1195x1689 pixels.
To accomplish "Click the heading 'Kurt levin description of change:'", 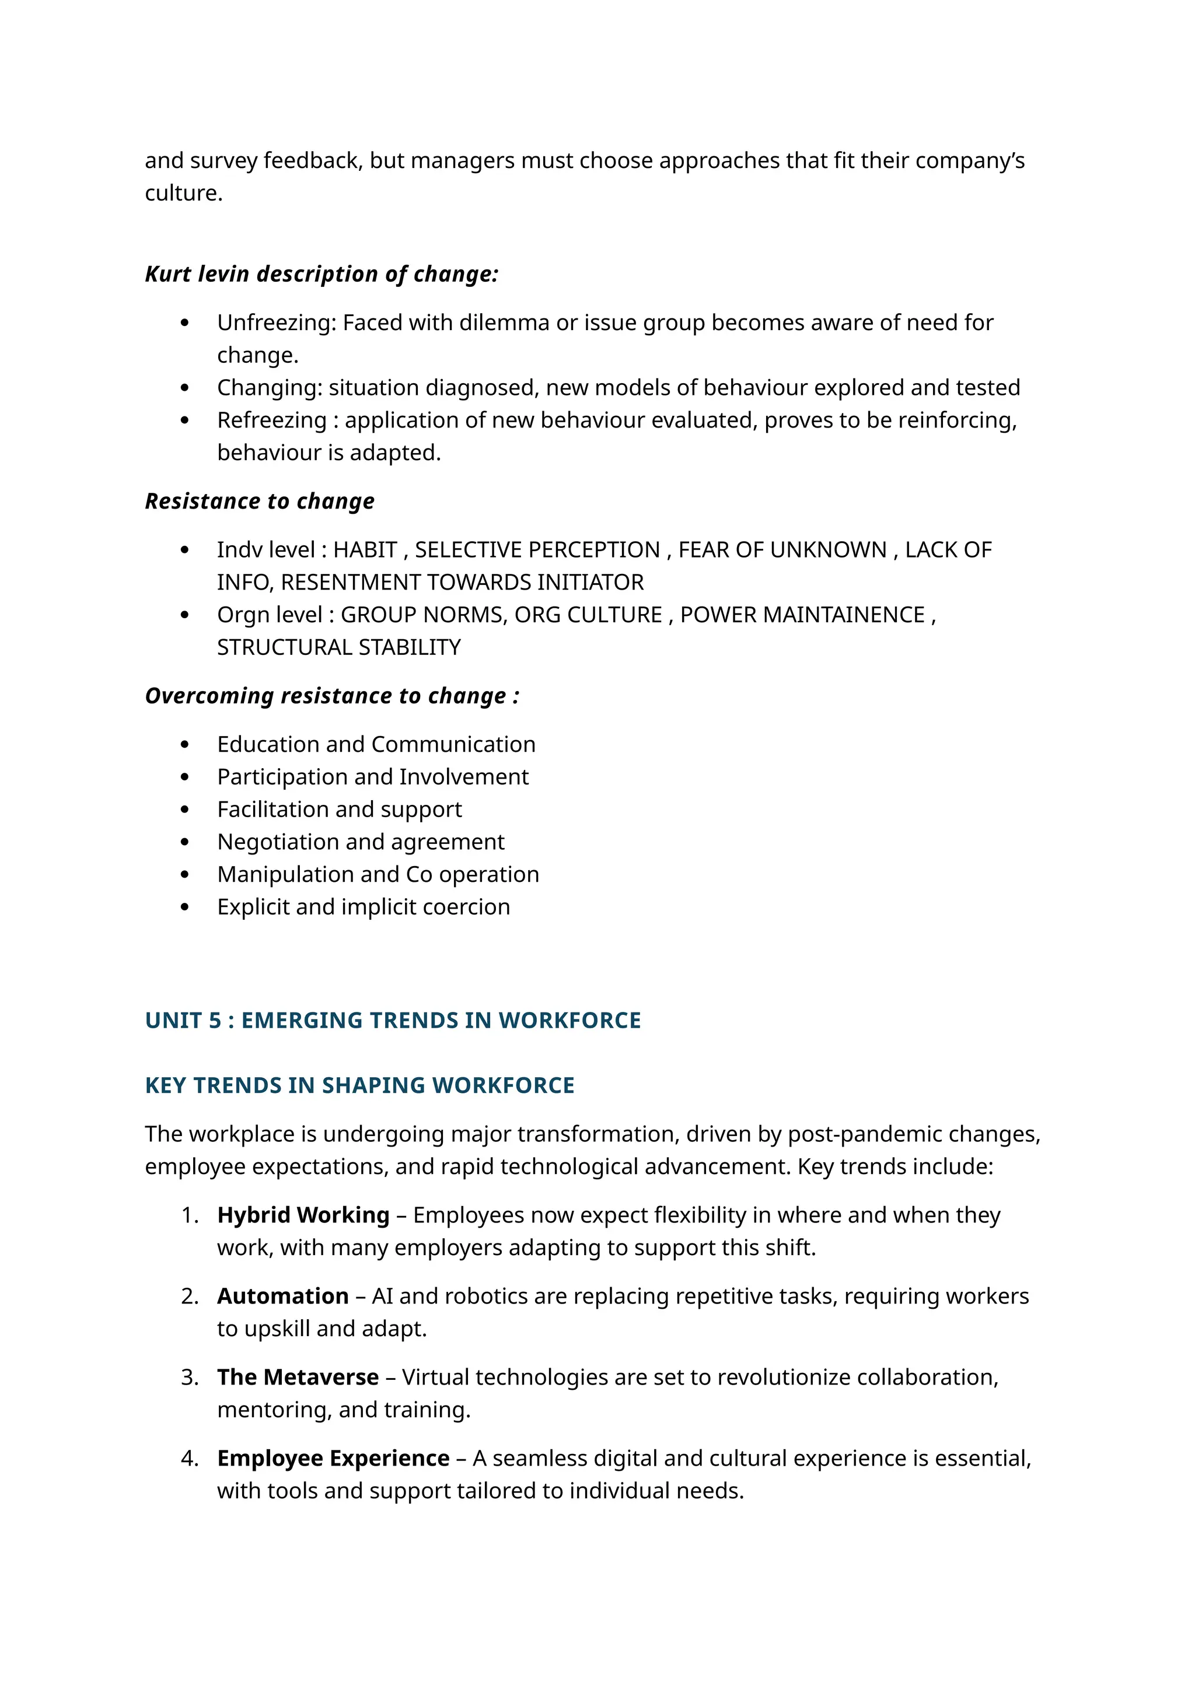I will coord(322,274).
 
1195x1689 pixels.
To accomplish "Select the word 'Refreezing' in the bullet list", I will coord(271,420).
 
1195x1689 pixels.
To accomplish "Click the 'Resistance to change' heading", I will coord(260,501).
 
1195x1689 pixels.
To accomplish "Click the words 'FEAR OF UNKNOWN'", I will coord(782,549).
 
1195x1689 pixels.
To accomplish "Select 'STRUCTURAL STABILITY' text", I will coord(338,647).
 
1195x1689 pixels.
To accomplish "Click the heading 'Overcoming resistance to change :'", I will coord(332,696).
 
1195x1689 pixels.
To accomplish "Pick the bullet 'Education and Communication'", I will coord(376,744).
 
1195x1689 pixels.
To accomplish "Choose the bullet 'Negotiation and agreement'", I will coord(361,842).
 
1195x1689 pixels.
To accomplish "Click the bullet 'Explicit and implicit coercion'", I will coord(364,907).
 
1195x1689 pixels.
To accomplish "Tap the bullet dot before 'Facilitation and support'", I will coord(185,810).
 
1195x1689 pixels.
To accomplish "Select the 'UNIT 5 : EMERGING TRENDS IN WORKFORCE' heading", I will coord(393,1020).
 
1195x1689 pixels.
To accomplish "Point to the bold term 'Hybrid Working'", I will coord(303,1215).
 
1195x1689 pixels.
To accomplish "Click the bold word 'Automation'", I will coord(282,1296).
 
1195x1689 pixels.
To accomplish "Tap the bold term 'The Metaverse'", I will coord(298,1377).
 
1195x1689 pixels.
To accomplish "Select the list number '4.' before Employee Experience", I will coord(190,1458).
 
